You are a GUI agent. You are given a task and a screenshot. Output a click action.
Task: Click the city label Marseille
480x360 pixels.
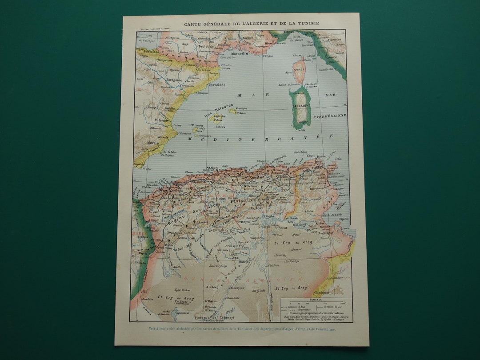click(x=240, y=53)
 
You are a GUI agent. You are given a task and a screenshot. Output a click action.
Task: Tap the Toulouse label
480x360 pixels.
click(x=206, y=46)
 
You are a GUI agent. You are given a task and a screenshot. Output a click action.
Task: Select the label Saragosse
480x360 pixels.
click(x=174, y=80)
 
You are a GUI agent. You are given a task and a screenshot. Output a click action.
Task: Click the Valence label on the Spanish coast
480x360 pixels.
click(x=161, y=120)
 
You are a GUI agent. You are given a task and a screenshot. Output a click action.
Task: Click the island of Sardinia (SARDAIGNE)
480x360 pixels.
click(x=301, y=107)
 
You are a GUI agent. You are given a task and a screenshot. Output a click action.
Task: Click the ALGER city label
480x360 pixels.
click(x=212, y=168)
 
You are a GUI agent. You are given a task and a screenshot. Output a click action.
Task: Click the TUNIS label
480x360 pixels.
click(x=316, y=168)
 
